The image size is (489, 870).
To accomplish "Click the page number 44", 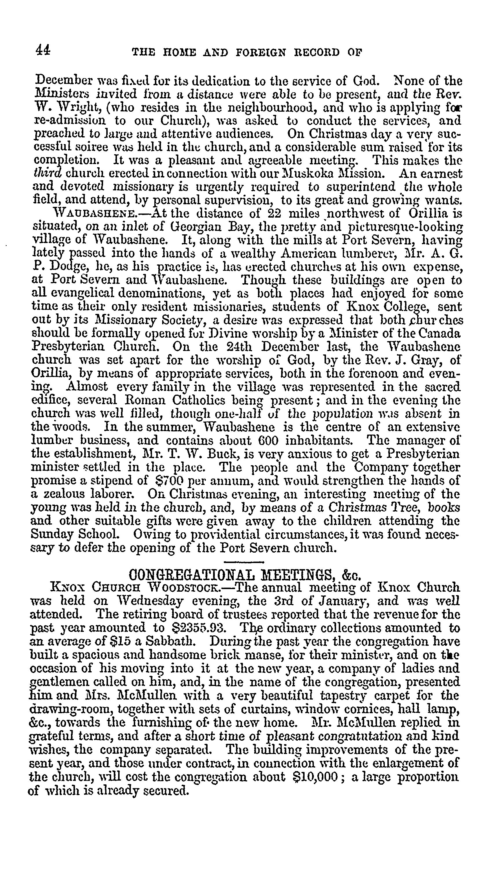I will tap(43, 51).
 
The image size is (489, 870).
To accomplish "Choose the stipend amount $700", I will tap(168, 480).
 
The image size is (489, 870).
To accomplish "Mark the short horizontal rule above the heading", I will tap(244, 562).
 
